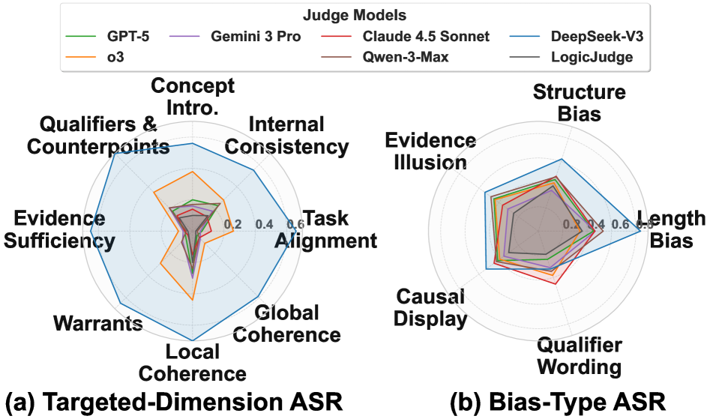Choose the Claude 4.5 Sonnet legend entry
425,36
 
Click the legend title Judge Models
355,15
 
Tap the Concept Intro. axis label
193,95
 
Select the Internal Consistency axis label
286,135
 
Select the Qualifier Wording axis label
580,356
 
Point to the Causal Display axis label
430,308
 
